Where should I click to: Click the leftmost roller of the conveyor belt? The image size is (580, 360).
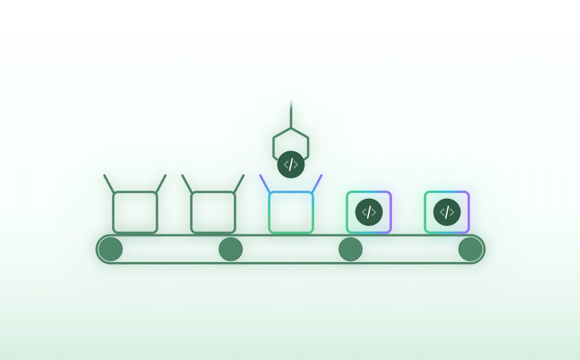tap(110, 249)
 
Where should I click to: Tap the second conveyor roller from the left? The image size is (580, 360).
tap(230, 249)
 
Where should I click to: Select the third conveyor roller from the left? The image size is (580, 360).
tap(350, 249)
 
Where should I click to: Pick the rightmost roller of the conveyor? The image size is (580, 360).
tap(470, 249)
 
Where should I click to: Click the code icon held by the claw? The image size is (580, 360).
tap(291, 165)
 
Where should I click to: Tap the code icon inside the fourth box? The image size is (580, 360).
tap(369, 212)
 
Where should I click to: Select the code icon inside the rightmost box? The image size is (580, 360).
tap(447, 212)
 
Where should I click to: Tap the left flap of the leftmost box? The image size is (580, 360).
tap(109, 184)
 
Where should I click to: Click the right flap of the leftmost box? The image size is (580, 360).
tap(161, 184)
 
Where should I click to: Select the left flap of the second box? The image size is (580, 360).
tap(187, 184)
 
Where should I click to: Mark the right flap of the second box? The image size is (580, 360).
tap(238, 184)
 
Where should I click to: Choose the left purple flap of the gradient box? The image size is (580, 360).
tap(265, 184)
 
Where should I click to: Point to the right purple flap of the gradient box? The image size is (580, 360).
tap(317, 184)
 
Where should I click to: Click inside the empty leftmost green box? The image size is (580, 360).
tap(135, 212)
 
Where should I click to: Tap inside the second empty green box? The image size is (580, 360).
tap(213, 212)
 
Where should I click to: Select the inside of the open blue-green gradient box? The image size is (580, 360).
tap(291, 212)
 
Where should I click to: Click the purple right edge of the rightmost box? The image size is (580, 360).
tap(468, 212)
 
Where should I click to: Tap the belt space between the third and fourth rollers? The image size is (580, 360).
tap(410, 249)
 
